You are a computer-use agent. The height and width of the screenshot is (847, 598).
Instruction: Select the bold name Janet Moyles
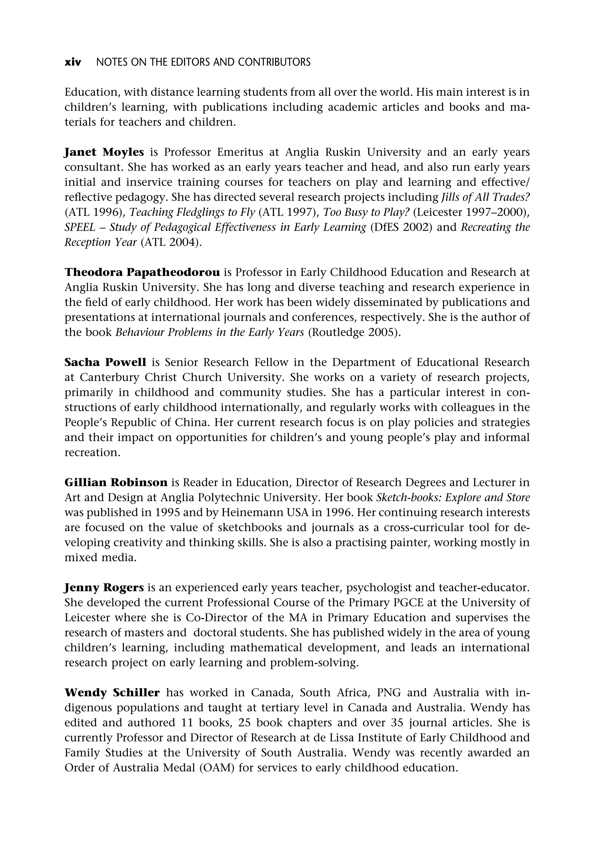104,152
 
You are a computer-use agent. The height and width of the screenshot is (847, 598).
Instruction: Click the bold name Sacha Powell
105,362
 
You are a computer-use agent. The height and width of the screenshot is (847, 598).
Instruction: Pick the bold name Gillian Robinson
116,482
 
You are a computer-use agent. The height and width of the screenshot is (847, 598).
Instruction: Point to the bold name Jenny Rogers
104,587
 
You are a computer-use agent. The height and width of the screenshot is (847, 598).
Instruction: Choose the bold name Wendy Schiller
112,693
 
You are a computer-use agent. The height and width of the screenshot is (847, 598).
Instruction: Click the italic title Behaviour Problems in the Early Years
210,332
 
